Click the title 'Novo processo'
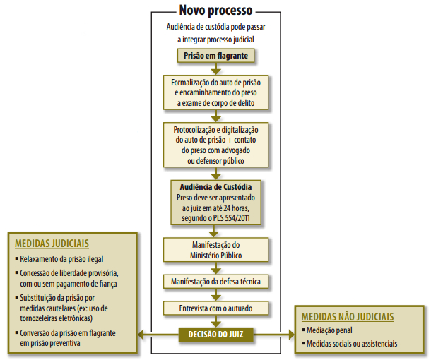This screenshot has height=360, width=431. click(x=215, y=11)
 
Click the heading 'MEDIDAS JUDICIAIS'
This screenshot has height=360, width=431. click(x=49, y=244)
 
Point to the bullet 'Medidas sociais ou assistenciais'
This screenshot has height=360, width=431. click(x=351, y=344)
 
